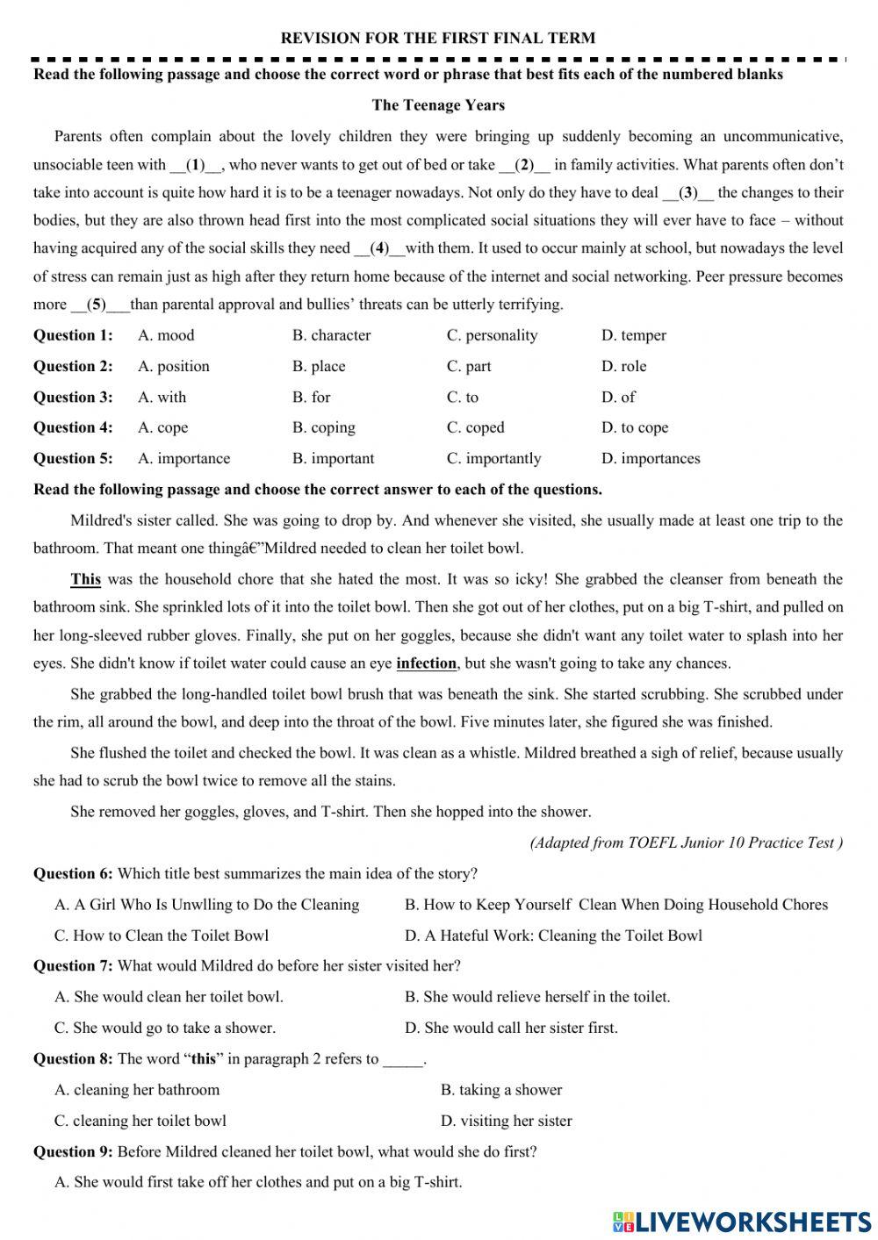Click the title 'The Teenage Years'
[438, 105]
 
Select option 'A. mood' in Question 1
[166, 335]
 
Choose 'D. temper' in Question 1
[633, 335]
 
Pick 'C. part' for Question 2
[469, 366]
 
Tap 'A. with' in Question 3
[162, 397]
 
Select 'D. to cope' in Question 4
[635, 427]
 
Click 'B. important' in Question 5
[333, 458]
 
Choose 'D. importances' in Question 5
[651, 458]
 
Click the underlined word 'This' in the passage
[85, 579]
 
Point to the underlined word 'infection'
[426, 663]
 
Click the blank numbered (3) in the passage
[688, 192]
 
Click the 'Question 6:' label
[73, 874]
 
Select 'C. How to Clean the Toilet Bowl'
[162, 935]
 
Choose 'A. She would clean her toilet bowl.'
[169, 997]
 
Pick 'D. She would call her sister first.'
[511, 1028]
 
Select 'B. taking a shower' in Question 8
[501, 1090]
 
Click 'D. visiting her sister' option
[506, 1121]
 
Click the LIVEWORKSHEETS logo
[742, 1221]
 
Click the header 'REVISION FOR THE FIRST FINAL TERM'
[437, 38]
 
